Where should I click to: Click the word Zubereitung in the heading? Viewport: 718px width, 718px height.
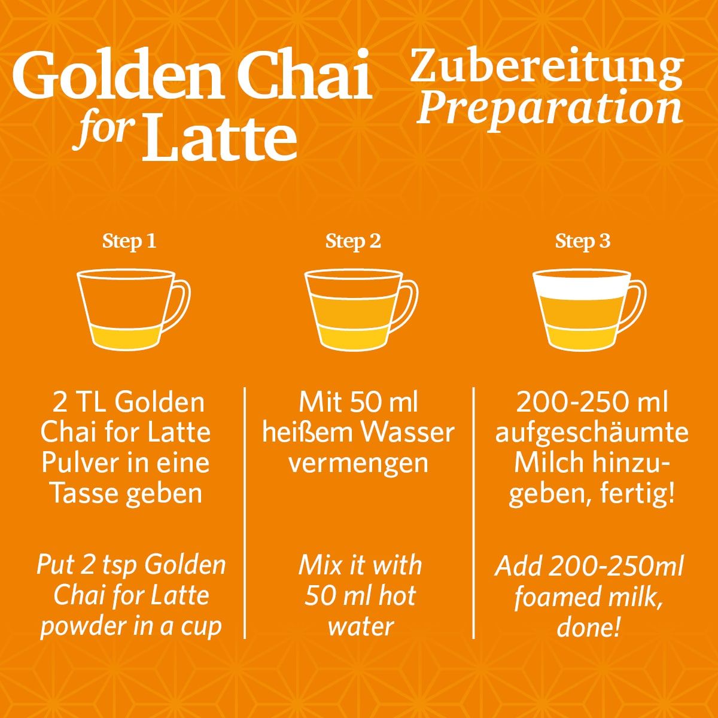[546, 69]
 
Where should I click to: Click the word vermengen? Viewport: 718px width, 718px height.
[358, 463]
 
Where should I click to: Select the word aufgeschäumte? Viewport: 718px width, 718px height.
[592, 433]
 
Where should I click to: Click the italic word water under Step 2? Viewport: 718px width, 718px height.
[361, 626]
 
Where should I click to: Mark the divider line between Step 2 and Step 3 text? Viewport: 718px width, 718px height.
[473, 512]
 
